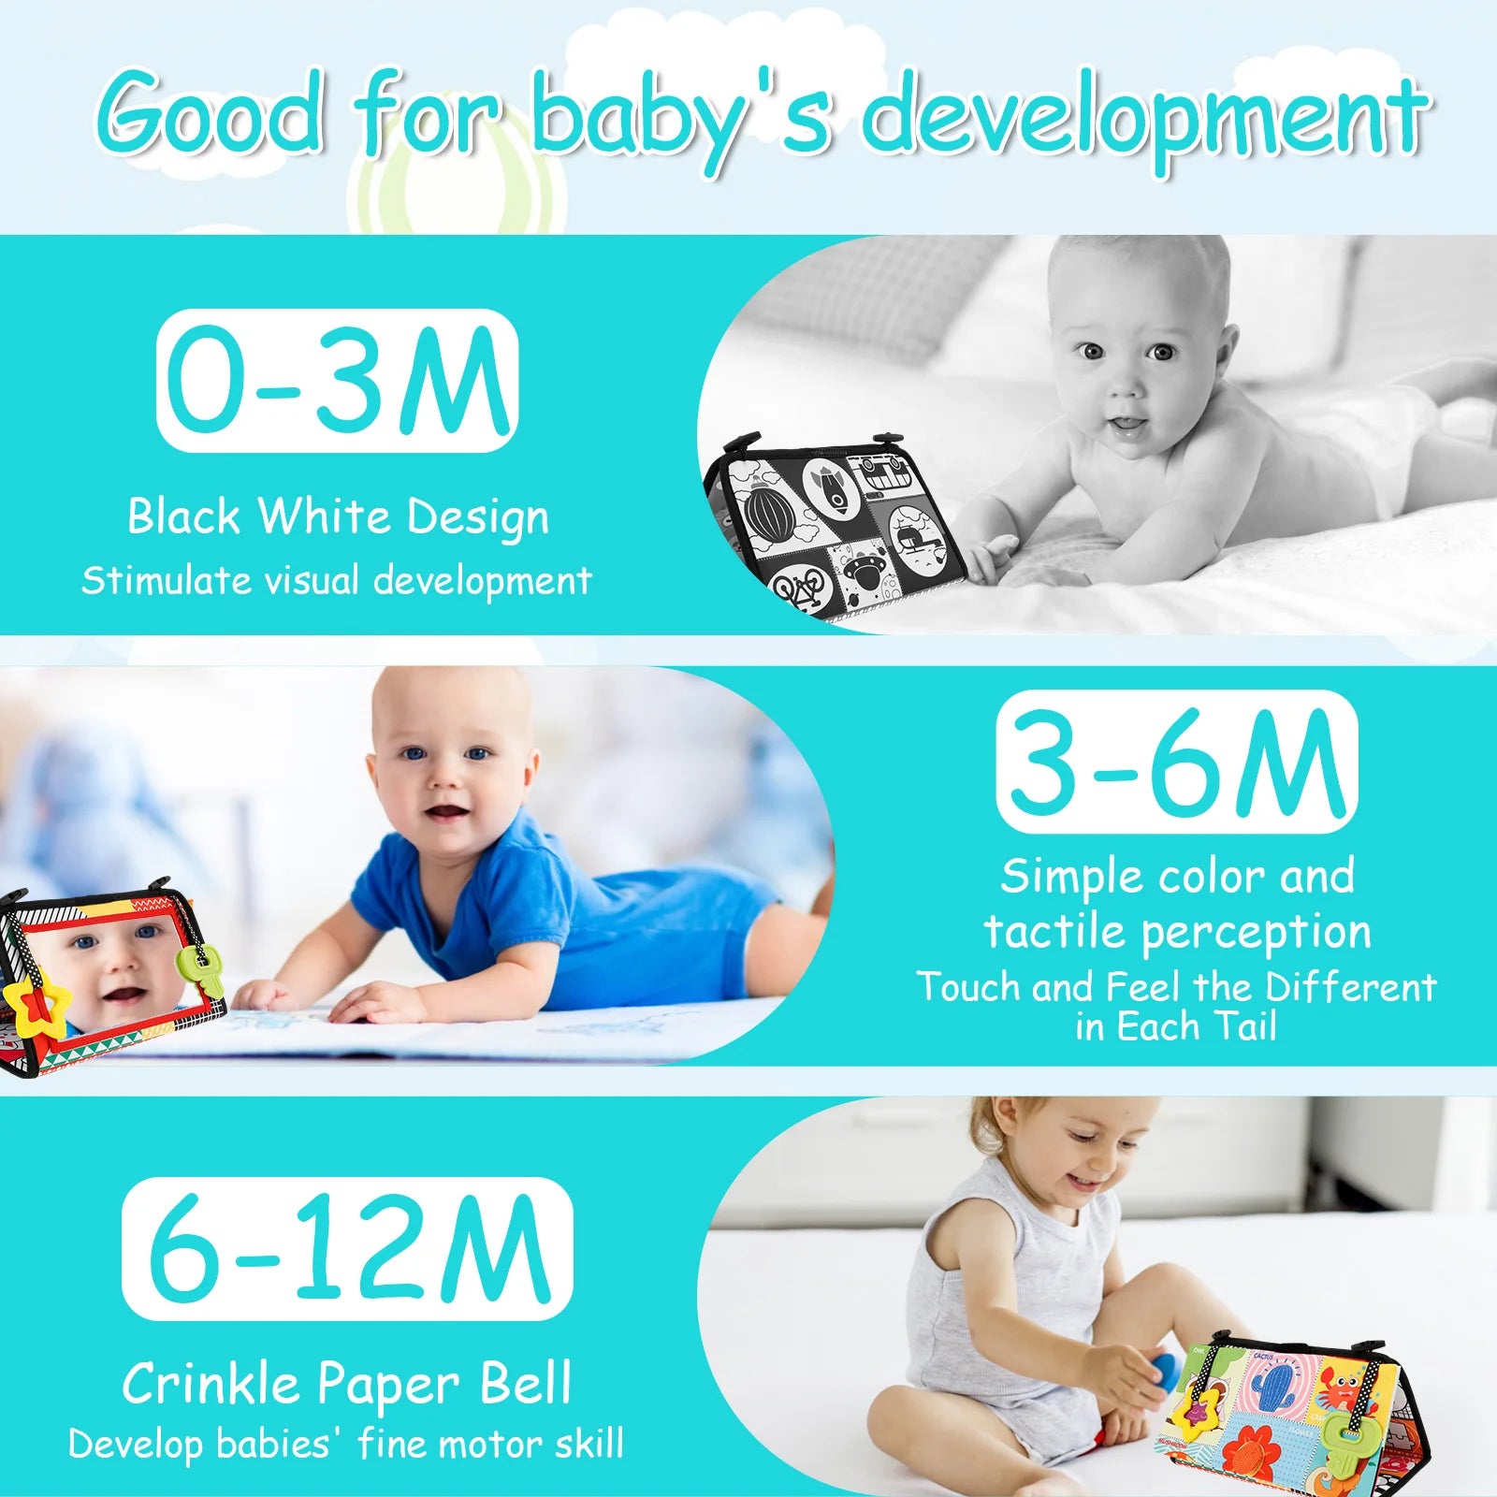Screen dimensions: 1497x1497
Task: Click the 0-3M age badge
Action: point(337,381)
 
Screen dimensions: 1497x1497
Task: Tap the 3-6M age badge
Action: point(1176,762)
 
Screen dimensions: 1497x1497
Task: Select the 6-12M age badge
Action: point(346,1249)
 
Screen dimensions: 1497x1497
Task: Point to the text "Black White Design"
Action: point(337,516)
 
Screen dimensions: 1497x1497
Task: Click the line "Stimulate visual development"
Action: point(337,580)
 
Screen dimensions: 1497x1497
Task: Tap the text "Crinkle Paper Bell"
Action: point(346,1384)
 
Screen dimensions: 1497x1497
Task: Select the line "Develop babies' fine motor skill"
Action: point(346,1444)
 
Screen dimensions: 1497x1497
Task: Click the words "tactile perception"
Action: point(1176,931)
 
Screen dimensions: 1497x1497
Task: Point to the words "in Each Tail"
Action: point(1176,1027)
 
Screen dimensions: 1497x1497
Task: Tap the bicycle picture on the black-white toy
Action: point(803,589)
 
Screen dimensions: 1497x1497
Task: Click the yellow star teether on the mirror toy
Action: point(36,1008)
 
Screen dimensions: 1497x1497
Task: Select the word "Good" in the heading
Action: point(211,117)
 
